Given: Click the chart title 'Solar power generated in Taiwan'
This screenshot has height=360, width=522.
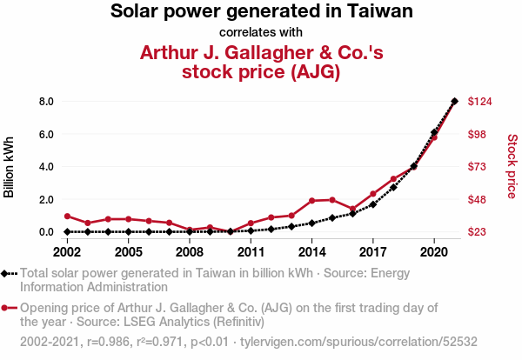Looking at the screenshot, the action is (261, 11).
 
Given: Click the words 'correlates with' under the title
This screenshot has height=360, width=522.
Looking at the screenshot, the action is (261, 32).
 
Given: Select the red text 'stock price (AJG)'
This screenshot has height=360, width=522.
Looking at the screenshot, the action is (261, 71).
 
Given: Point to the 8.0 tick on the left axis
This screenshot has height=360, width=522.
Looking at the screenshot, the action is (46, 101).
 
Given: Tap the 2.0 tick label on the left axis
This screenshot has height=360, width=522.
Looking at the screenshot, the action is (46, 200).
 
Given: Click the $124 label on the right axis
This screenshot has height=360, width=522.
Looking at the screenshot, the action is (479, 101).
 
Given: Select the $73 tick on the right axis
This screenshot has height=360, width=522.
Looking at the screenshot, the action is (477, 167).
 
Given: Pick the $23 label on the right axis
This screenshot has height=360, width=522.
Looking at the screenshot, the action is (477, 232).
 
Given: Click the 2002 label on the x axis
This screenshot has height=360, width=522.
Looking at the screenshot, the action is (67, 252).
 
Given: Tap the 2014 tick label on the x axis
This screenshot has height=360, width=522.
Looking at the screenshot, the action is (312, 252).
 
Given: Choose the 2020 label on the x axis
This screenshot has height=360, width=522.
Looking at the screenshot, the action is (434, 252).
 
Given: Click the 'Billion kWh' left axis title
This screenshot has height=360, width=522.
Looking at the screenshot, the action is (9, 167).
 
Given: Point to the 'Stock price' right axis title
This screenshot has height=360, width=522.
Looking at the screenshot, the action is (512, 166).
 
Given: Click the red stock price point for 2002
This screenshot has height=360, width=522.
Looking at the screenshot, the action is (67, 217).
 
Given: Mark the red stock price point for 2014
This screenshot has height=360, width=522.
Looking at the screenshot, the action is (312, 201).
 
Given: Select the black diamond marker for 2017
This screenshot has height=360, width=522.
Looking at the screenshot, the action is (373, 204).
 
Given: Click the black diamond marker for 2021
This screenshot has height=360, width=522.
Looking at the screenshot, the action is (455, 101).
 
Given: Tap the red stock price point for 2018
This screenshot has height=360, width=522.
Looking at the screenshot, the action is (393, 179).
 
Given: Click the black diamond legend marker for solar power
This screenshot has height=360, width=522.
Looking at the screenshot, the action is (4, 274).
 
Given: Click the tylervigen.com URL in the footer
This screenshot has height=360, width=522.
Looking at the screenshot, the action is (358, 342).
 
